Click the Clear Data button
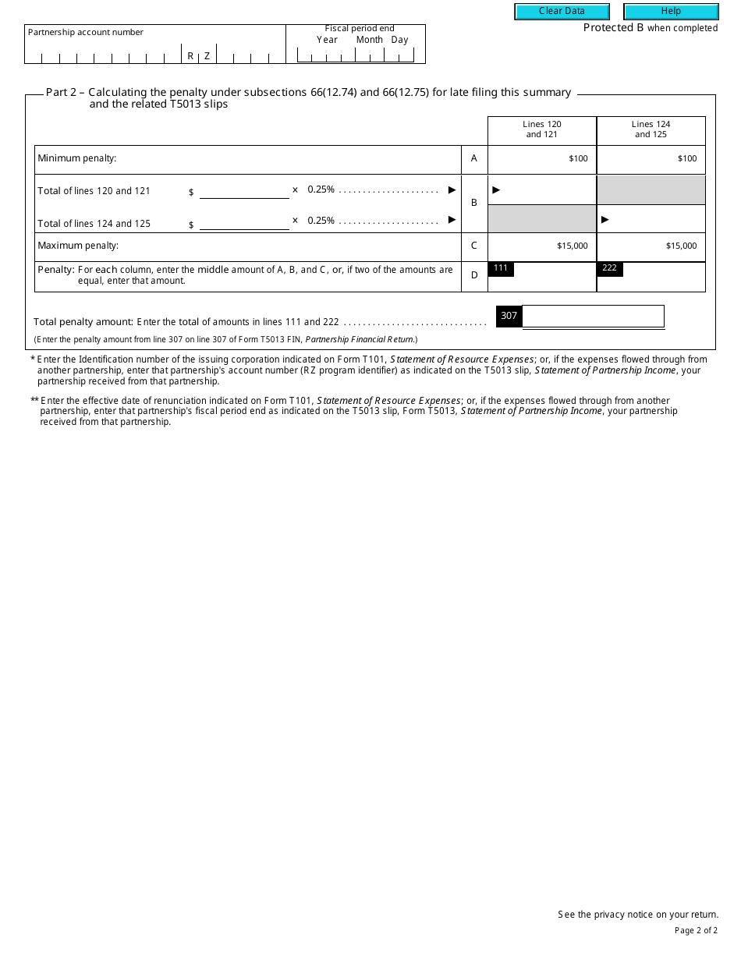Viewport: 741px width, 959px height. tap(562, 12)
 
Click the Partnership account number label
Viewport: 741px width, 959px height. tap(86, 32)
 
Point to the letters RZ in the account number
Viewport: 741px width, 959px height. tap(198, 56)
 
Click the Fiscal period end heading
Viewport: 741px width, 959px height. tap(360, 28)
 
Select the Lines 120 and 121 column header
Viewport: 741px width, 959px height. tap(541, 129)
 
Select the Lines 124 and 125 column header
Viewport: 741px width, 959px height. tap(651, 129)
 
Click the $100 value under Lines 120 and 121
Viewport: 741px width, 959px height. tap(578, 159)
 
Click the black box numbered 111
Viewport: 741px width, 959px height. tap(501, 268)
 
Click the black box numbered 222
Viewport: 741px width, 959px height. tap(609, 268)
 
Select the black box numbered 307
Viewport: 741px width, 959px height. tap(509, 316)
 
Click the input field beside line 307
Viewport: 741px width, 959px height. tap(593, 316)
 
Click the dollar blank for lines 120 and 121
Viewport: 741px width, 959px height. tap(244, 191)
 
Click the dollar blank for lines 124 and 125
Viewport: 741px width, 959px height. tap(244, 222)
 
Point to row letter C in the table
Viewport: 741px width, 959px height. tap(473, 246)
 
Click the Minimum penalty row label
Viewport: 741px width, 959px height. tap(77, 158)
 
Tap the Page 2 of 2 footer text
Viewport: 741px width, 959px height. tap(695, 930)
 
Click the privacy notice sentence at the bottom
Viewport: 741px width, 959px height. tap(637, 915)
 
